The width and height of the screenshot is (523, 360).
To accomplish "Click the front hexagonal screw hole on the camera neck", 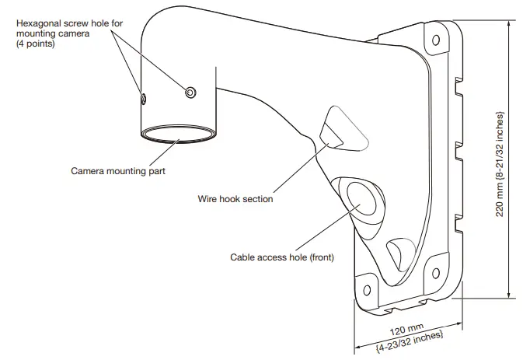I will coord(190,93).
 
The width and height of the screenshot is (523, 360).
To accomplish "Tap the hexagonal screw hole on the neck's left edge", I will coord(143,99).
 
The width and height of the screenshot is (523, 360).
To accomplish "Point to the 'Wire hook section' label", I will coord(235,199).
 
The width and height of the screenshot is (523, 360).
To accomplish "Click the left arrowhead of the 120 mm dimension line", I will coord(358,346).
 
